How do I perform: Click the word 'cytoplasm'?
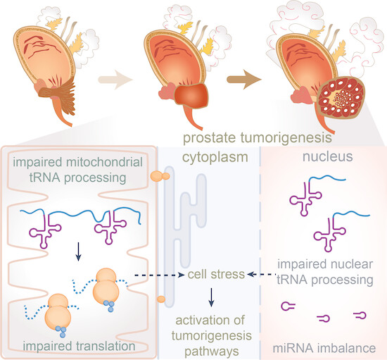215,158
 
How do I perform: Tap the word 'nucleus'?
327,156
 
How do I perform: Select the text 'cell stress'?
216,274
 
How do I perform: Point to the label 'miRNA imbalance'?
324,348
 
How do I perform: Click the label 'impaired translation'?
79,346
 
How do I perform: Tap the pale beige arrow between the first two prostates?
115,80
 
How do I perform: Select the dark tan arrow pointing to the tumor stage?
244,80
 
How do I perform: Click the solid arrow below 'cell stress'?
211,297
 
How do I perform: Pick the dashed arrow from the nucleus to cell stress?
261,274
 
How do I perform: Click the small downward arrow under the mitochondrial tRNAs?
79,252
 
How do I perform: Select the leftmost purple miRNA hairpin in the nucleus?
288,306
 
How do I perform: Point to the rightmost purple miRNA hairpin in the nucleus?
360,315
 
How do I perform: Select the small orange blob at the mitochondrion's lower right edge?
161,299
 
